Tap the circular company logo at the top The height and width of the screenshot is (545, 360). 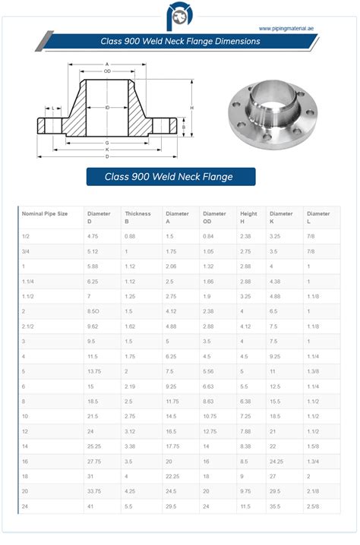(x=180, y=17)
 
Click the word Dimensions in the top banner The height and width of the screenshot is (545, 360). (x=234, y=42)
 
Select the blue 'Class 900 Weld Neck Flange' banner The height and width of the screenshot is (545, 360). (x=169, y=177)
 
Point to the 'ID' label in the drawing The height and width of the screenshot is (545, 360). (x=108, y=108)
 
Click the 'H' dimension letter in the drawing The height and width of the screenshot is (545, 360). (x=191, y=108)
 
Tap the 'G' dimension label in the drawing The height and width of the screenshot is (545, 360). (x=107, y=142)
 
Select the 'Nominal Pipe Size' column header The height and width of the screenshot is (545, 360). (x=45, y=214)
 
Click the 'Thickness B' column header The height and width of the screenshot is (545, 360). (x=138, y=218)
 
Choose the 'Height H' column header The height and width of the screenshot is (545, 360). (x=248, y=218)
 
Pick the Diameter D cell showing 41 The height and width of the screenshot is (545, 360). (x=90, y=505)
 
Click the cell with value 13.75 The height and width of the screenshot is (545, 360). (x=94, y=372)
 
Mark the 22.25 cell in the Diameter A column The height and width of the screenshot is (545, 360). (x=172, y=476)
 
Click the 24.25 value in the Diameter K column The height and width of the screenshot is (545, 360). (x=276, y=462)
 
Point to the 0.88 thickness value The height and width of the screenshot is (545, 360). (x=130, y=236)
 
